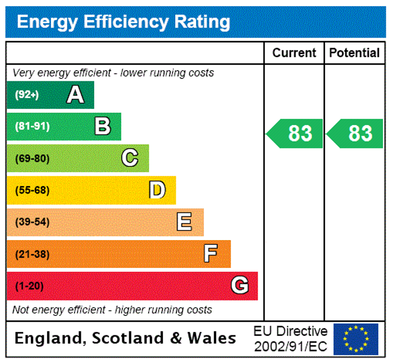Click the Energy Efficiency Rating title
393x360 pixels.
coord(124,22)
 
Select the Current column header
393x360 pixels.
coord(294,53)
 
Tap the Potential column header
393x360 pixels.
coord(354,53)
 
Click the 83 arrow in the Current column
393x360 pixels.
coord(296,133)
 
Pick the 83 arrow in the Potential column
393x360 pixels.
coord(356,133)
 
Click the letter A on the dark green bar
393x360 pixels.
coord(75,95)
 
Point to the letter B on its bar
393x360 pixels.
coord(103,127)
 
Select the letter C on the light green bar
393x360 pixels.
coord(130,158)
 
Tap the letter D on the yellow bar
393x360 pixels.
coord(157,190)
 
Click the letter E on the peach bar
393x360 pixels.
coord(184,222)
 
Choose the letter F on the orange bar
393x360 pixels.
coord(211,254)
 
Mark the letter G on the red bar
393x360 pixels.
coord(239,286)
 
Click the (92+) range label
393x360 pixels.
coord(27,95)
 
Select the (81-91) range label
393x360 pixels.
coord(32,127)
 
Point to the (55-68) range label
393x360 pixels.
coord(32,191)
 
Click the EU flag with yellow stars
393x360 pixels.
coord(356,339)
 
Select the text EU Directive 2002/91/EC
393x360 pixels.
coord(290,339)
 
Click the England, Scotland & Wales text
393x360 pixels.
coord(125,338)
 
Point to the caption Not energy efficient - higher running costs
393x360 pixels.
coord(112,310)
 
